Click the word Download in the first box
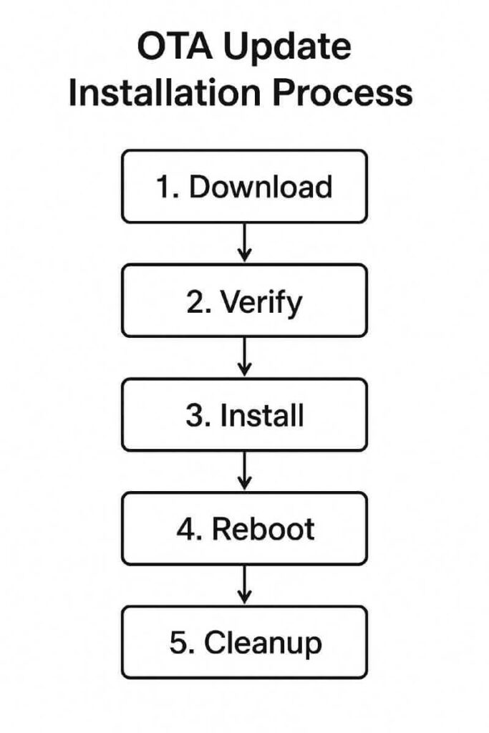coord(261,187)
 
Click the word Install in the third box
coord(262,416)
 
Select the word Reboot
coord(263,529)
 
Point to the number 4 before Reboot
coord(185,529)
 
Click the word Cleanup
coord(263,643)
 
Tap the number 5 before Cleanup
coord(178,643)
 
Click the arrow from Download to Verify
coord(245,243)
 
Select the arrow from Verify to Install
coord(245,356)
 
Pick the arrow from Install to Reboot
coord(245,470)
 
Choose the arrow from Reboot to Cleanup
coord(245,583)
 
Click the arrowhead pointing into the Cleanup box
coord(245,597)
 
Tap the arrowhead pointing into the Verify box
coord(245,256)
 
